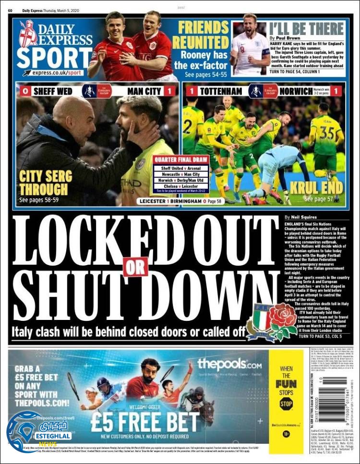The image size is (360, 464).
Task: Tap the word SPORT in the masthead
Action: pyautogui.click(x=48, y=57)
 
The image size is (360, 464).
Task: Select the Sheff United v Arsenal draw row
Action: pyautogui.click(x=181, y=169)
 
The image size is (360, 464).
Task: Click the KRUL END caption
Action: pyautogui.click(x=323, y=187)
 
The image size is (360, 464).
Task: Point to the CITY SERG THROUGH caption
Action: pyautogui.click(x=43, y=183)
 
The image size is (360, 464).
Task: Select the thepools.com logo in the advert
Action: pyautogui.click(x=229, y=364)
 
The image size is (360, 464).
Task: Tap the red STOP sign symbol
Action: pyautogui.click(x=286, y=403)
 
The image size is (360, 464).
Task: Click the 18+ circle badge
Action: pyautogui.click(x=286, y=434)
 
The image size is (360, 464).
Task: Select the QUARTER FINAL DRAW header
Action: pyautogui.click(x=180, y=160)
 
